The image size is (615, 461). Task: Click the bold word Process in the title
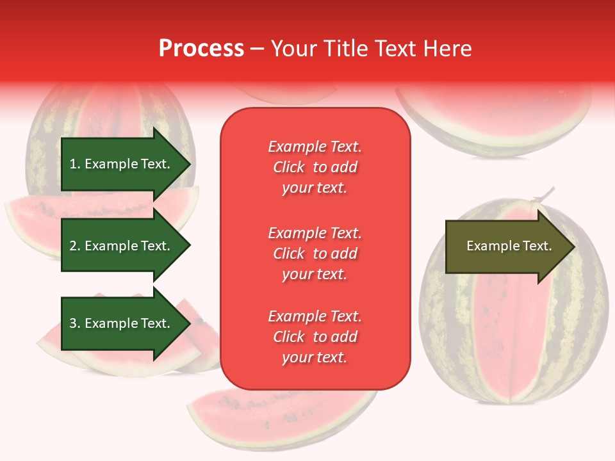[201, 49]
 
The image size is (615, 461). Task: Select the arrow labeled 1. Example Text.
[122, 164]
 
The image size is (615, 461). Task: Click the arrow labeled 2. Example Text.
[122, 246]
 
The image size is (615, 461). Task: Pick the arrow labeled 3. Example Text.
[122, 323]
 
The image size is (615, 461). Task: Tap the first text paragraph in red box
[315, 167]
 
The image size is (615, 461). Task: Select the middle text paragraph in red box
[315, 254]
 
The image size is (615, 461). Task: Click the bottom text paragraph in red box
[315, 337]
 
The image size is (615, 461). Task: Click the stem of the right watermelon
[545, 193]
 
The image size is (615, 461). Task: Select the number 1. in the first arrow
[75, 164]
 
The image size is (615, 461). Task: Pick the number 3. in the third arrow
[75, 323]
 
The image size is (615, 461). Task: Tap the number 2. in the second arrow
[75, 246]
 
